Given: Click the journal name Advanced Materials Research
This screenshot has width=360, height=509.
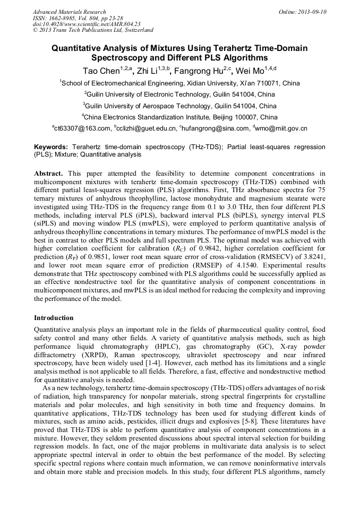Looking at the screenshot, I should (69, 12).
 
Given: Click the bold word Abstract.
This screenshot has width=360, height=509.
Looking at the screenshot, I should (49, 174).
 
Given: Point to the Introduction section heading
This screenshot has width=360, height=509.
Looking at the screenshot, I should (54, 318).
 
